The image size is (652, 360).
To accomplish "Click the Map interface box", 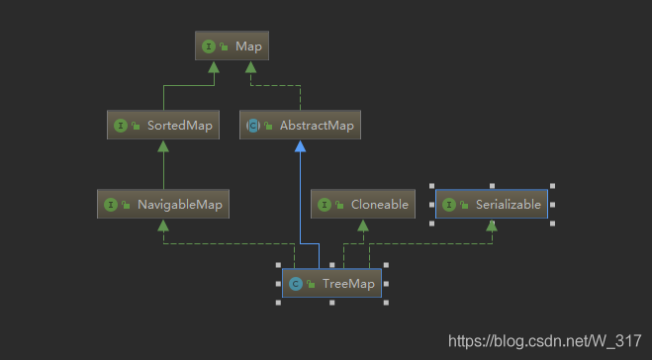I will [232, 45].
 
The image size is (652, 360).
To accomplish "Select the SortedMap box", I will [162, 126].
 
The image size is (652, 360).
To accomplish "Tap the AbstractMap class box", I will [300, 126].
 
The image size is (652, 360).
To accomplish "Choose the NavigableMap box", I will [163, 205].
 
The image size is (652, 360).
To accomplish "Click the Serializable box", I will [492, 205].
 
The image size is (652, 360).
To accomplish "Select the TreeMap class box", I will [331, 284].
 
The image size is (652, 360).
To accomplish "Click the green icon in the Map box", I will [210, 45].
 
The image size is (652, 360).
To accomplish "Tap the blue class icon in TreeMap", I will [295, 284].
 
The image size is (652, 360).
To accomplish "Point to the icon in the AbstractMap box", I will [253, 126].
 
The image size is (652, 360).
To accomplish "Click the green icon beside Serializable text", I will [449, 205].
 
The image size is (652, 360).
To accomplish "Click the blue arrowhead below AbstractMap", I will [299, 145].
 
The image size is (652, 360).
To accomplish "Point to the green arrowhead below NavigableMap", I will [163, 225].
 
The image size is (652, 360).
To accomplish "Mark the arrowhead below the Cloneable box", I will [362, 225].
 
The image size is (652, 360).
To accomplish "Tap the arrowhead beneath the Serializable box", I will [492, 225].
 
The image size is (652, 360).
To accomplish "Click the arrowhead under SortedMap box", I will [162, 145].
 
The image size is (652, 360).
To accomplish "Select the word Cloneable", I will [379, 205].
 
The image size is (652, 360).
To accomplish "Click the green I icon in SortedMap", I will [121, 126].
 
